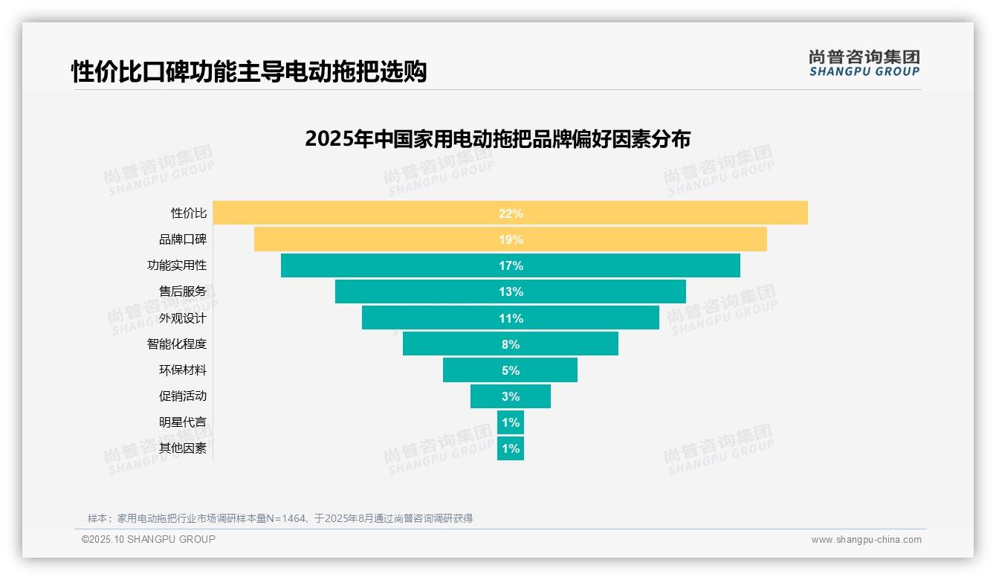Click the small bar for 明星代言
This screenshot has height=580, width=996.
(511, 422)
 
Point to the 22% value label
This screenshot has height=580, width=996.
(511, 213)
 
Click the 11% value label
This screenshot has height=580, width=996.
(511, 318)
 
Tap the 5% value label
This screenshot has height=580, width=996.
(511, 370)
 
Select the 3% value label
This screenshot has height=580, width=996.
(511, 396)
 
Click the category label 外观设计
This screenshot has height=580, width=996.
(183, 318)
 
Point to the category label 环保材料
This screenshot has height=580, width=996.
(183, 370)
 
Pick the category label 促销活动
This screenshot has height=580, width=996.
(183, 396)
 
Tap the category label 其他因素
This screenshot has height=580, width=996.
(183, 448)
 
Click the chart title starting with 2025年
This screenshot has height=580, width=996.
(497, 139)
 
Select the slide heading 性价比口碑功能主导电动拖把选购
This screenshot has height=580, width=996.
(249, 72)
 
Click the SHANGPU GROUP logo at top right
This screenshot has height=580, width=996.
(864, 63)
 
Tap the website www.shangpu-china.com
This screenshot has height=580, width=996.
(866, 540)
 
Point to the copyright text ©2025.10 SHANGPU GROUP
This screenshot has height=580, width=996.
(149, 539)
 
